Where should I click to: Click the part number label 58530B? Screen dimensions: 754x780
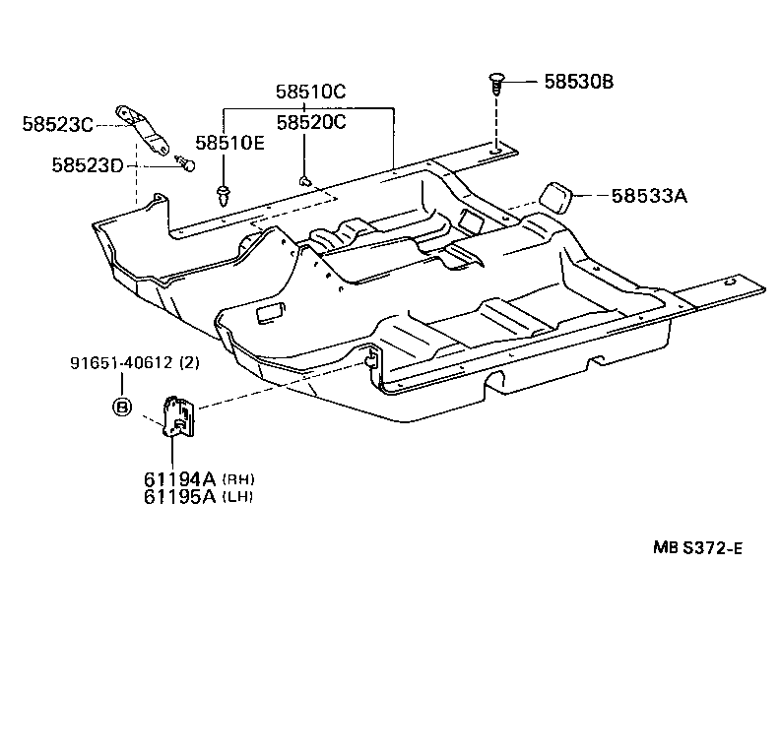click(x=578, y=83)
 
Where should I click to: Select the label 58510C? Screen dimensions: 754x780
click(x=310, y=93)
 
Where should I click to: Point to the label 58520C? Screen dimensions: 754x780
click(x=310, y=122)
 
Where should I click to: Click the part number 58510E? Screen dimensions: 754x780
click(x=229, y=143)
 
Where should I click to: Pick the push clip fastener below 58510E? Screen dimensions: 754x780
click(x=226, y=189)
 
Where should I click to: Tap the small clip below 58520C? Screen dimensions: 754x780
click(x=305, y=180)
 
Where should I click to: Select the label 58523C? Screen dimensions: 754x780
click(x=57, y=124)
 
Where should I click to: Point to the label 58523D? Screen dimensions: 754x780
click(x=87, y=164)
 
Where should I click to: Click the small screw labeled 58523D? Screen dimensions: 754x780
click(x=184, y=162)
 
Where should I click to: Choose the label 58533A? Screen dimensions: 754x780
click(x=648, y=196)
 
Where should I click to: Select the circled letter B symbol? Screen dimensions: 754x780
click(x=122, y=407)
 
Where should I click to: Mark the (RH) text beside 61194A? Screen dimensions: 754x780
click(x=239, y=479)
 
